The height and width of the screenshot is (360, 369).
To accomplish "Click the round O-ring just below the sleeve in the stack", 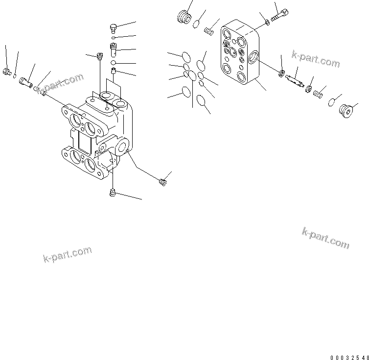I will click(x=113, y=63).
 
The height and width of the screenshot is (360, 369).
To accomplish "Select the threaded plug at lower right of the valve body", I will click(x=163, y=182).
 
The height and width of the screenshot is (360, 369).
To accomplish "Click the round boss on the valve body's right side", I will click(x=122, y=145).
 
